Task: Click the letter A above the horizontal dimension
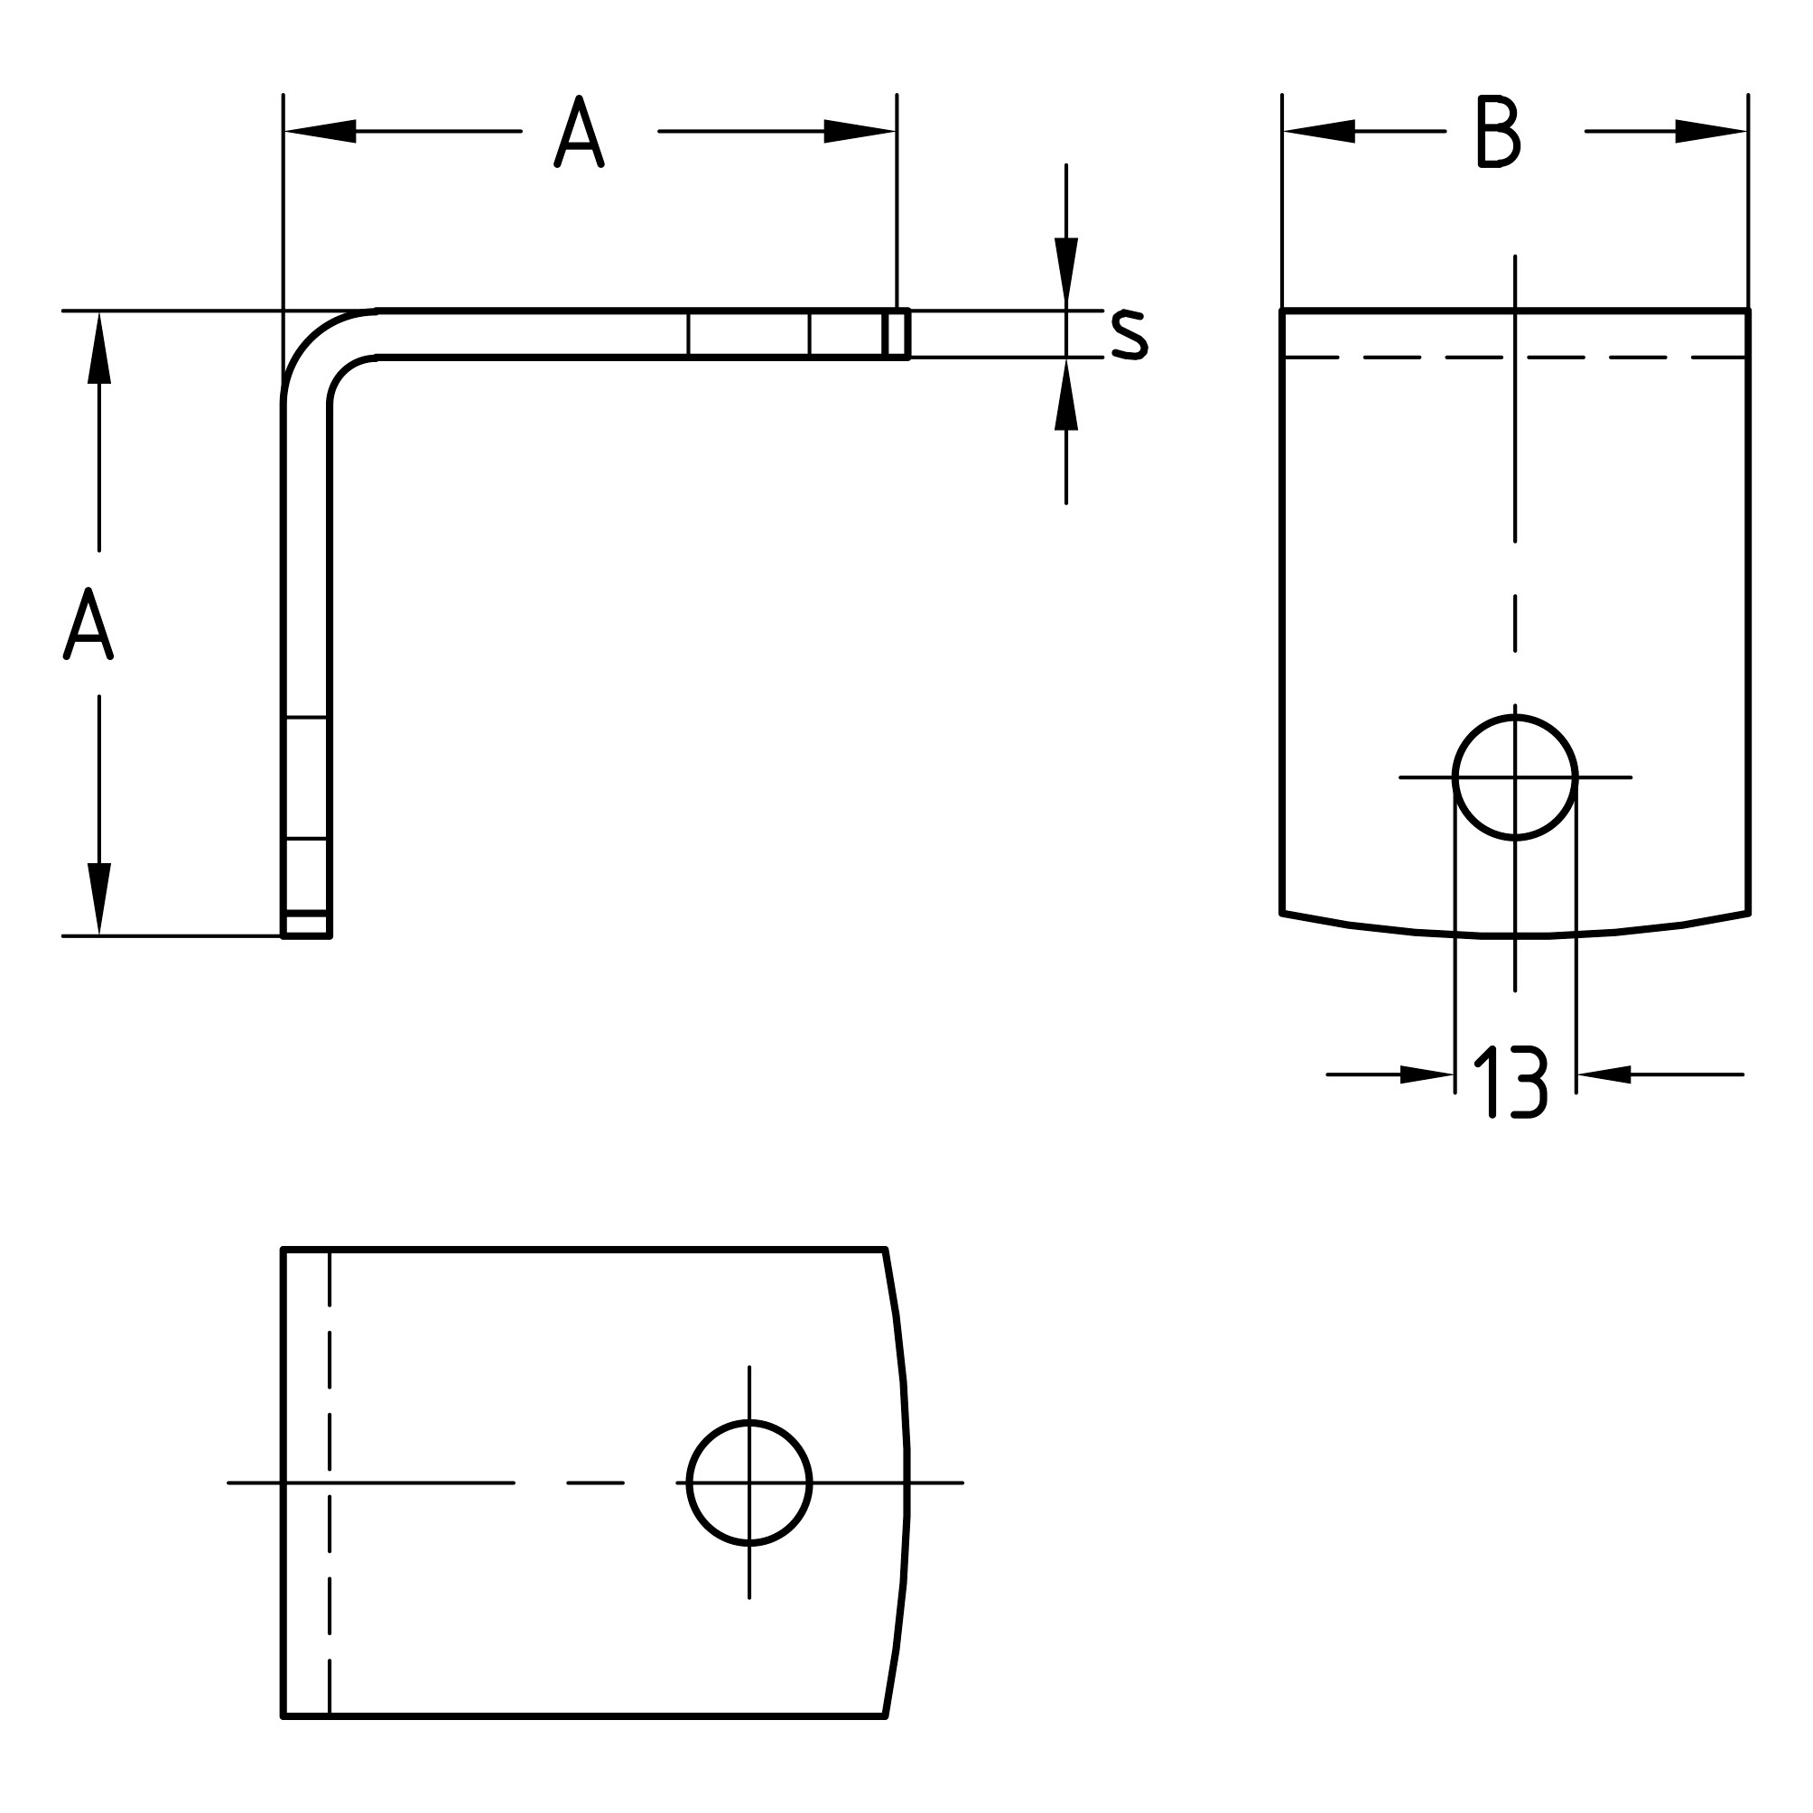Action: [579, 132]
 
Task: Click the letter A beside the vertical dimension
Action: [88, 624]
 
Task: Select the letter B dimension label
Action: [1498, 132]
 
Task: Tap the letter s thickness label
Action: [1129, 334]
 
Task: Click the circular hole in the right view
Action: [1514, 777]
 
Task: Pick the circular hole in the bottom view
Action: [748, 1483]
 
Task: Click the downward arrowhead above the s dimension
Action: [1066, 272]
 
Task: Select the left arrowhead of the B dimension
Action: [1318, 132]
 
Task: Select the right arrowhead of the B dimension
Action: [1712, 132]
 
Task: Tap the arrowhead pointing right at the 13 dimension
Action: [1427, 1074]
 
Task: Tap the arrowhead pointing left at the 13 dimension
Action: [1604, 1074]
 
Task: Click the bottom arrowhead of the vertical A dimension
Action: [99, 899]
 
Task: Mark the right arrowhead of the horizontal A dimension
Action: [860, 132]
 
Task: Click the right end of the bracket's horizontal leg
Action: [897, 334]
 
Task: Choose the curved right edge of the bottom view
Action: [906, 1483]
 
